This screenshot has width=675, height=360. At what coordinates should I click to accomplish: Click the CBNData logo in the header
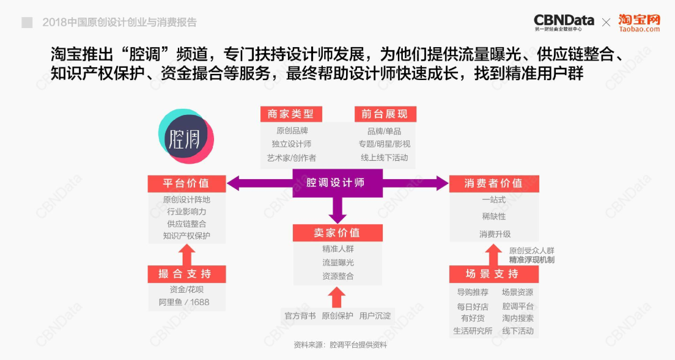[564, 23]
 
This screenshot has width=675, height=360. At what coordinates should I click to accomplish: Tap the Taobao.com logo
[640, 23]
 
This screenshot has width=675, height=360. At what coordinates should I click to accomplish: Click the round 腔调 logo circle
[186, 136]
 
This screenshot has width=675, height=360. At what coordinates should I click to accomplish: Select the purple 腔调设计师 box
[337, 183]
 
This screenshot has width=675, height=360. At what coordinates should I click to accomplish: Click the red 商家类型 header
[291, 114]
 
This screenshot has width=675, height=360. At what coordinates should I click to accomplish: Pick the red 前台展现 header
[385, 114]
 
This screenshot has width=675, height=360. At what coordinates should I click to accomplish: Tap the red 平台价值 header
[186, 183]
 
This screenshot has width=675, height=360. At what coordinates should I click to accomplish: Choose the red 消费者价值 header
[494, 183]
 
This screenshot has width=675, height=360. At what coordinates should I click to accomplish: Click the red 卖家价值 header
[337, 233]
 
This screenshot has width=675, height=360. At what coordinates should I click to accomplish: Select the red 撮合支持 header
[186, 274]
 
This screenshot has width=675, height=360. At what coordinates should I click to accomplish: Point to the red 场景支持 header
[494, 274]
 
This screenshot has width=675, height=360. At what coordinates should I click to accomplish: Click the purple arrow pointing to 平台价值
[260, 183]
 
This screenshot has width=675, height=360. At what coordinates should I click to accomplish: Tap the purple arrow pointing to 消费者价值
[415, 183]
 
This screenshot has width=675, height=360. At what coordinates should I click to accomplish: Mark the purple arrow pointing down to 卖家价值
[337, 210]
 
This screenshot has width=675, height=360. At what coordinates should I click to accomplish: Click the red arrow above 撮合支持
[186, 255]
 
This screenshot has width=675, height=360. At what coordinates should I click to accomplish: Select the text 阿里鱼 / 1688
[184, 303]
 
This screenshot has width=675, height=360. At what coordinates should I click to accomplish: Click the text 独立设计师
[292, 144]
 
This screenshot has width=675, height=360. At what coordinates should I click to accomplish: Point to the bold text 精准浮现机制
[532, 260]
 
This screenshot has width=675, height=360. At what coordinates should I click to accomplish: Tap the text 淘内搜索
[518, 318]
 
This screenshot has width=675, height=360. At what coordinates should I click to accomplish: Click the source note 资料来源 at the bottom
[340, 345]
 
